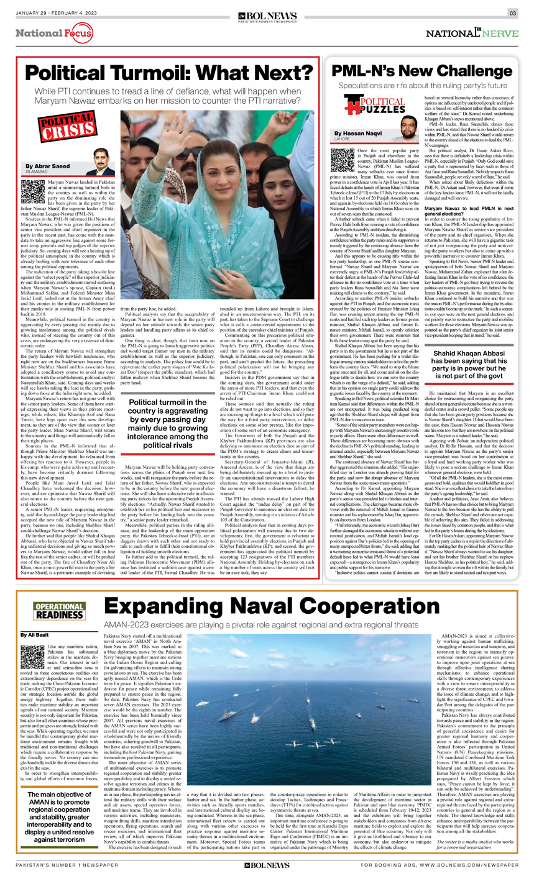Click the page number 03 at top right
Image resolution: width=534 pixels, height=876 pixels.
512,13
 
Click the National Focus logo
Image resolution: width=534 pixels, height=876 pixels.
54,32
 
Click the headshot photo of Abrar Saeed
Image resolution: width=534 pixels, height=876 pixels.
100,162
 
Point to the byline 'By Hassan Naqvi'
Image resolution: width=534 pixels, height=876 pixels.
358,134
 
